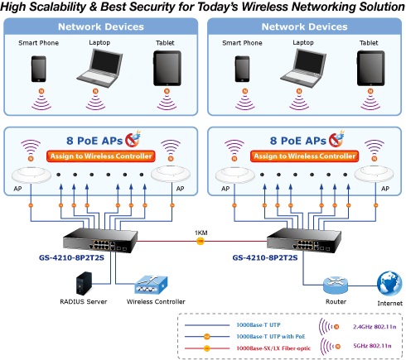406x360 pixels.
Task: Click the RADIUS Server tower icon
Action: (84, 284)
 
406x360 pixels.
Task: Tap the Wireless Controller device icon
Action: (151, 286)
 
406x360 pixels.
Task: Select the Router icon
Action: (336, 286)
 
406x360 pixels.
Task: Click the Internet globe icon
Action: (389, 283)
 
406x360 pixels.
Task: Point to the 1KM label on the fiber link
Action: (201, 233)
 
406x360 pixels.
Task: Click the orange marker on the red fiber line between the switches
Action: (201, 242)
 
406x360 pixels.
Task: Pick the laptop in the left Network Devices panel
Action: (99, 68)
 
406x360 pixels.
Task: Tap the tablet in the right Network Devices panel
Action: (371, 68)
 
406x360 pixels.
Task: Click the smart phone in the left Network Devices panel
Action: (39, 69)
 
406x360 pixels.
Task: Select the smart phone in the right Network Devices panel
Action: (242, 69)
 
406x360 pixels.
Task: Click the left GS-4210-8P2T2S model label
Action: (71, 258)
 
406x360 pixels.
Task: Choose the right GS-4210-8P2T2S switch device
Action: (304, 240)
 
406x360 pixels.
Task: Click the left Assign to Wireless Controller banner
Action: (101, 156)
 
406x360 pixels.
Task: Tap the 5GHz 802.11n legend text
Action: (372, 346)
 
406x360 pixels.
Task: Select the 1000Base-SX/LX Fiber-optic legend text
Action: (273, 348)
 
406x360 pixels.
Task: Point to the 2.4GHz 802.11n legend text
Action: (375, 327)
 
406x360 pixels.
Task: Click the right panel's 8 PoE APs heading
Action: (298, 141)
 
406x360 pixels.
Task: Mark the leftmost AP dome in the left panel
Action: (31, 175)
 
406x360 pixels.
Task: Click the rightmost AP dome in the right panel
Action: (375, 175)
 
